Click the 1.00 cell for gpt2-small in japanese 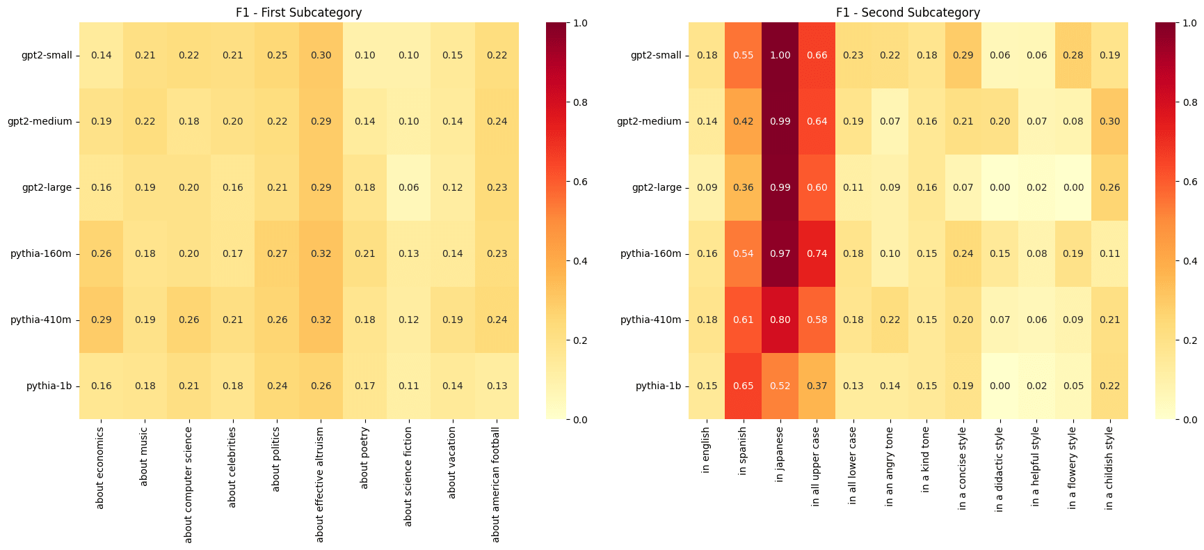[780, 56]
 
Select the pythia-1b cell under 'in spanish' [743, 386]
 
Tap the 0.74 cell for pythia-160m [817, 254]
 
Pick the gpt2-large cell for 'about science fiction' [409, 188]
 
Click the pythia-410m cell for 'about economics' [102, 320]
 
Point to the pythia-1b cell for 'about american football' [497, 386]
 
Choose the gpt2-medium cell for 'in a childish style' [1109, 122]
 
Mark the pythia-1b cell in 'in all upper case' [817, 386]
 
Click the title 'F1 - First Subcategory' [299, 13]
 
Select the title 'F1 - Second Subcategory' [908, 13]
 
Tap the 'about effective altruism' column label [320, 484]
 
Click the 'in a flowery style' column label [1073, 468]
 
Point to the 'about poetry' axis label [364, 457]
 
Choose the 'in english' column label [707, 450]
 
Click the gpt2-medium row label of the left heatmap [40, 122]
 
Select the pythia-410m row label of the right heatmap [650, 320]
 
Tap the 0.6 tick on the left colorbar [579, 182]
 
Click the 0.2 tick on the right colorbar [1188, 340]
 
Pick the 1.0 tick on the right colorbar [1188, 23]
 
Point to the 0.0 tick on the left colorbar [579, 420]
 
